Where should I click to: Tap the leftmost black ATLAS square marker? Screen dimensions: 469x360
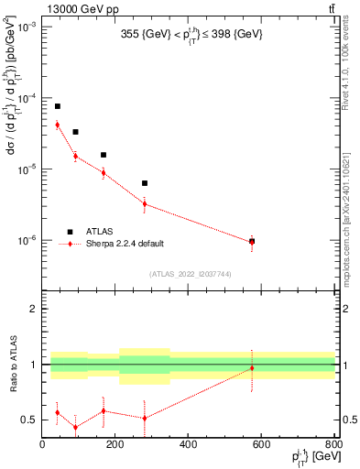[x=57, y=106]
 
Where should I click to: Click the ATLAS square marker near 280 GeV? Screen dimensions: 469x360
[x=145, y=183]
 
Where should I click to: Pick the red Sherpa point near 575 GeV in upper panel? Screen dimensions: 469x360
[x=252, y=242]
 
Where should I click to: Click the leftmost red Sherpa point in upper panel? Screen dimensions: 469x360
[x=57, y=125]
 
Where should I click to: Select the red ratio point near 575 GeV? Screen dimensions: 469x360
[x=252, y=368]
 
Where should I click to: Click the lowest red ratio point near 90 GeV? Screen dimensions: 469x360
[x=75, y=427]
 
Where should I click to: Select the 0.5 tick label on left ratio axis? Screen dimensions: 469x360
[x=29, y=420]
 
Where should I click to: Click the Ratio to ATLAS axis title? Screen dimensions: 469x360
[x=11, y=365]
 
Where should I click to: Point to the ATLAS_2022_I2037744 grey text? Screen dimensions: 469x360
[x=189, y=274]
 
